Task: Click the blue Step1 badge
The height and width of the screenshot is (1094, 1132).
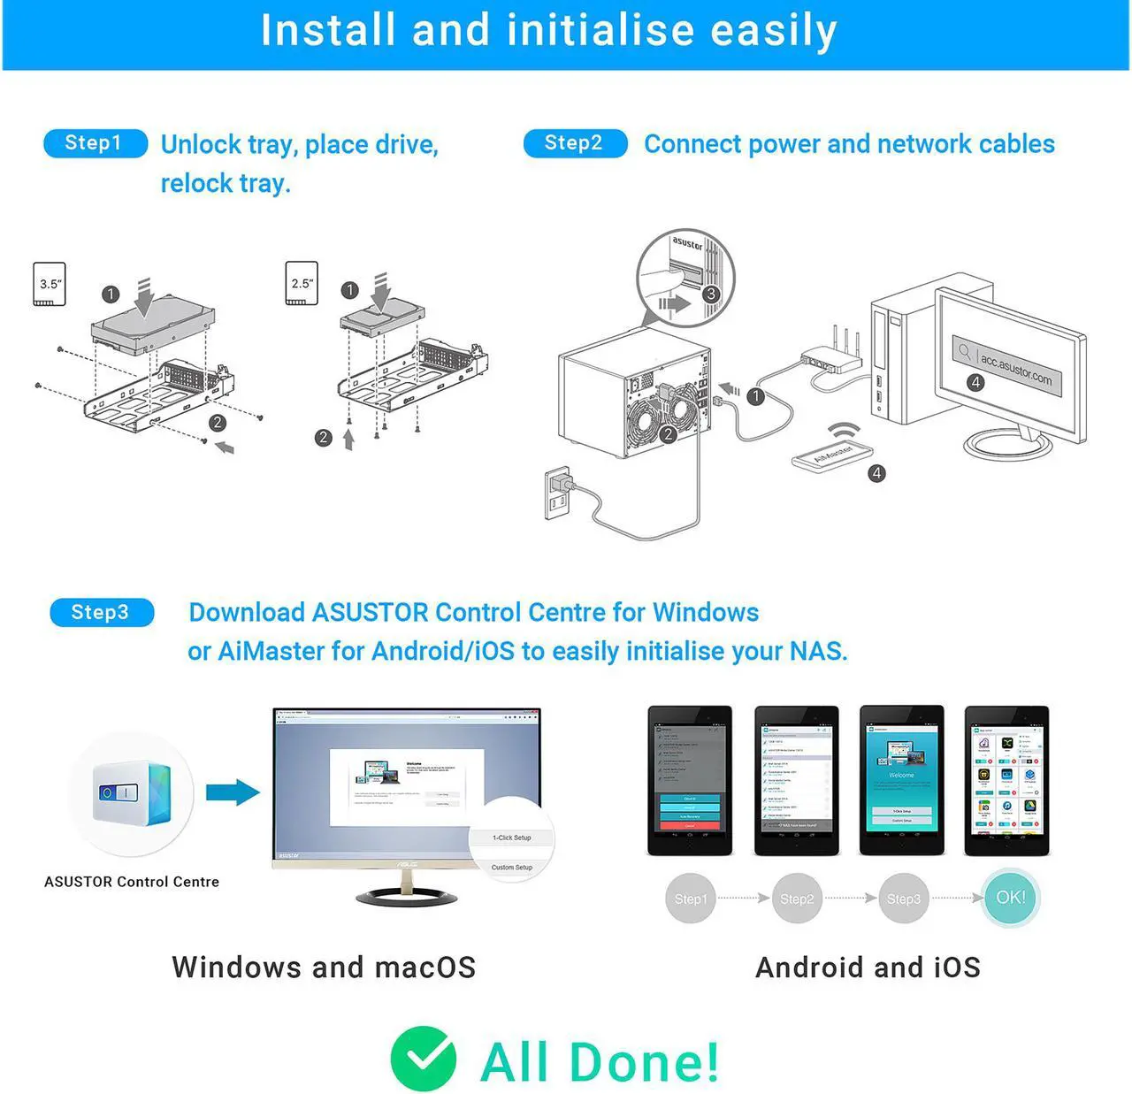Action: tap(95, 143)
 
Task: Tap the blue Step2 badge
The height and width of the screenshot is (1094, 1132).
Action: tap(575, 143)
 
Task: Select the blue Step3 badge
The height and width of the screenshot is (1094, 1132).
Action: tap(102, 612)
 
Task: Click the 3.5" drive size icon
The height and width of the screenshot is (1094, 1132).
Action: tap(50, 284)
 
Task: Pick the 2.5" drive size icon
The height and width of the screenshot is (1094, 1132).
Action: tap(302, 283)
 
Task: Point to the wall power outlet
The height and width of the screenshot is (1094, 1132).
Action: tap(557, 493)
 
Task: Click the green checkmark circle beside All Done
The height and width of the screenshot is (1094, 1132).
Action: tap(424, 1059)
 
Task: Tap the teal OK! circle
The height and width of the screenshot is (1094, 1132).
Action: tap(1011, 898)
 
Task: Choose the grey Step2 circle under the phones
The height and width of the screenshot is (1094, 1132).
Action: tap(797, 899)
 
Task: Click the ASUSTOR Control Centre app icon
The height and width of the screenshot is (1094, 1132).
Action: tap(132, 793)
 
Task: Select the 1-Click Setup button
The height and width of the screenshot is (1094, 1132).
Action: tap(512, 838)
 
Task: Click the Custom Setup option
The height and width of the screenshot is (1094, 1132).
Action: tap(512, 868)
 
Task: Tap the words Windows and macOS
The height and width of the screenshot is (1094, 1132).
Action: tap(324, 967)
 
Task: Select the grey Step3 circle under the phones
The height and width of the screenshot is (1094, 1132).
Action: tap(903, 899)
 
